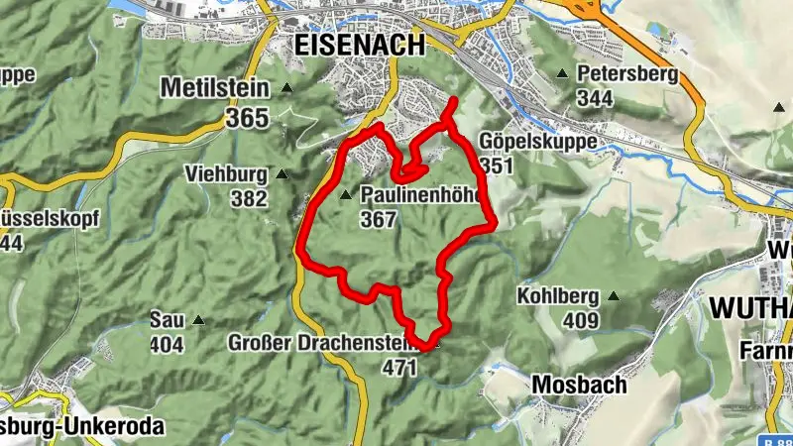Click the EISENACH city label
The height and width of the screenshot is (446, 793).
pyautogui.click(x=359, y=45)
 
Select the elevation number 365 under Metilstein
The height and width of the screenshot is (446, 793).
pyautogui.click(x=247, y=118)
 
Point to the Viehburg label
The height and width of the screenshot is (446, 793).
pyautogui.click(x=225, y=175)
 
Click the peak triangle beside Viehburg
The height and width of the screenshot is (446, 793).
pyautogui.click(x=282, y=174)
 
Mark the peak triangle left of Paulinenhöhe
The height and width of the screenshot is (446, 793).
pyautogui.click(x=345, y=194)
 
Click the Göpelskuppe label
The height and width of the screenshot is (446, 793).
pyautogui.click(x=537, y=141)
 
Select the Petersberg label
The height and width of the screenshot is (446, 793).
pyautogui.click(x=627, y=73)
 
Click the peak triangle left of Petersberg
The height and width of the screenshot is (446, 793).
pyautogui.click(x=562, y=73)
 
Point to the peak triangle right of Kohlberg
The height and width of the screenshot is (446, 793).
pyautogui.click(x=614, y=295)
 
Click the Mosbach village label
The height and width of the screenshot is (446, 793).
pyautogui.click(x=579, y=384)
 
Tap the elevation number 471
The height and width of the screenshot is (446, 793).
pyautogui.click(x=399, y=367)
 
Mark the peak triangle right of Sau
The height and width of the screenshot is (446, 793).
pyautogui.click(x=198, y=319)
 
